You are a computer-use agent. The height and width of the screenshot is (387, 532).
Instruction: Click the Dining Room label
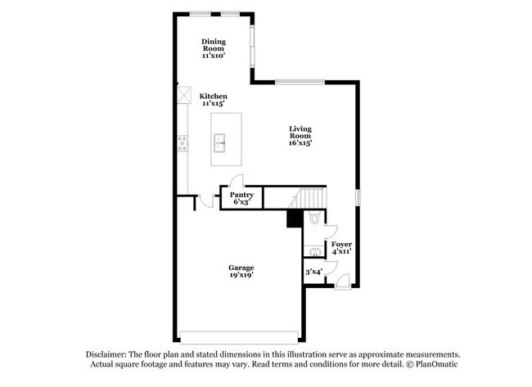[214, 48]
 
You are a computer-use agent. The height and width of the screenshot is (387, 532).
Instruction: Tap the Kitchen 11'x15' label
[214, 100]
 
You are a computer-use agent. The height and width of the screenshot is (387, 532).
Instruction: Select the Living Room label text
[300, 135]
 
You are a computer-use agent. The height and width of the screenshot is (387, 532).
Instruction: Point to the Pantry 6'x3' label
[241, 198]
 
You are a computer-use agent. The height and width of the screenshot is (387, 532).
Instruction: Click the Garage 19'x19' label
[241, 272]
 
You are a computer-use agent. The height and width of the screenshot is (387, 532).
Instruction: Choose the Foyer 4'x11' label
[342, 248]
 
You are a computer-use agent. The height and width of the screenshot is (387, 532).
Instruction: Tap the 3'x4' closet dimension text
[314, 271]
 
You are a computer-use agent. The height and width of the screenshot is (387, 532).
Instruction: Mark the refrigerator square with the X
[183, 95]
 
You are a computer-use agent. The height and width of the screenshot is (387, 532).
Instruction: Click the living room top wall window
[291, 81]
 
